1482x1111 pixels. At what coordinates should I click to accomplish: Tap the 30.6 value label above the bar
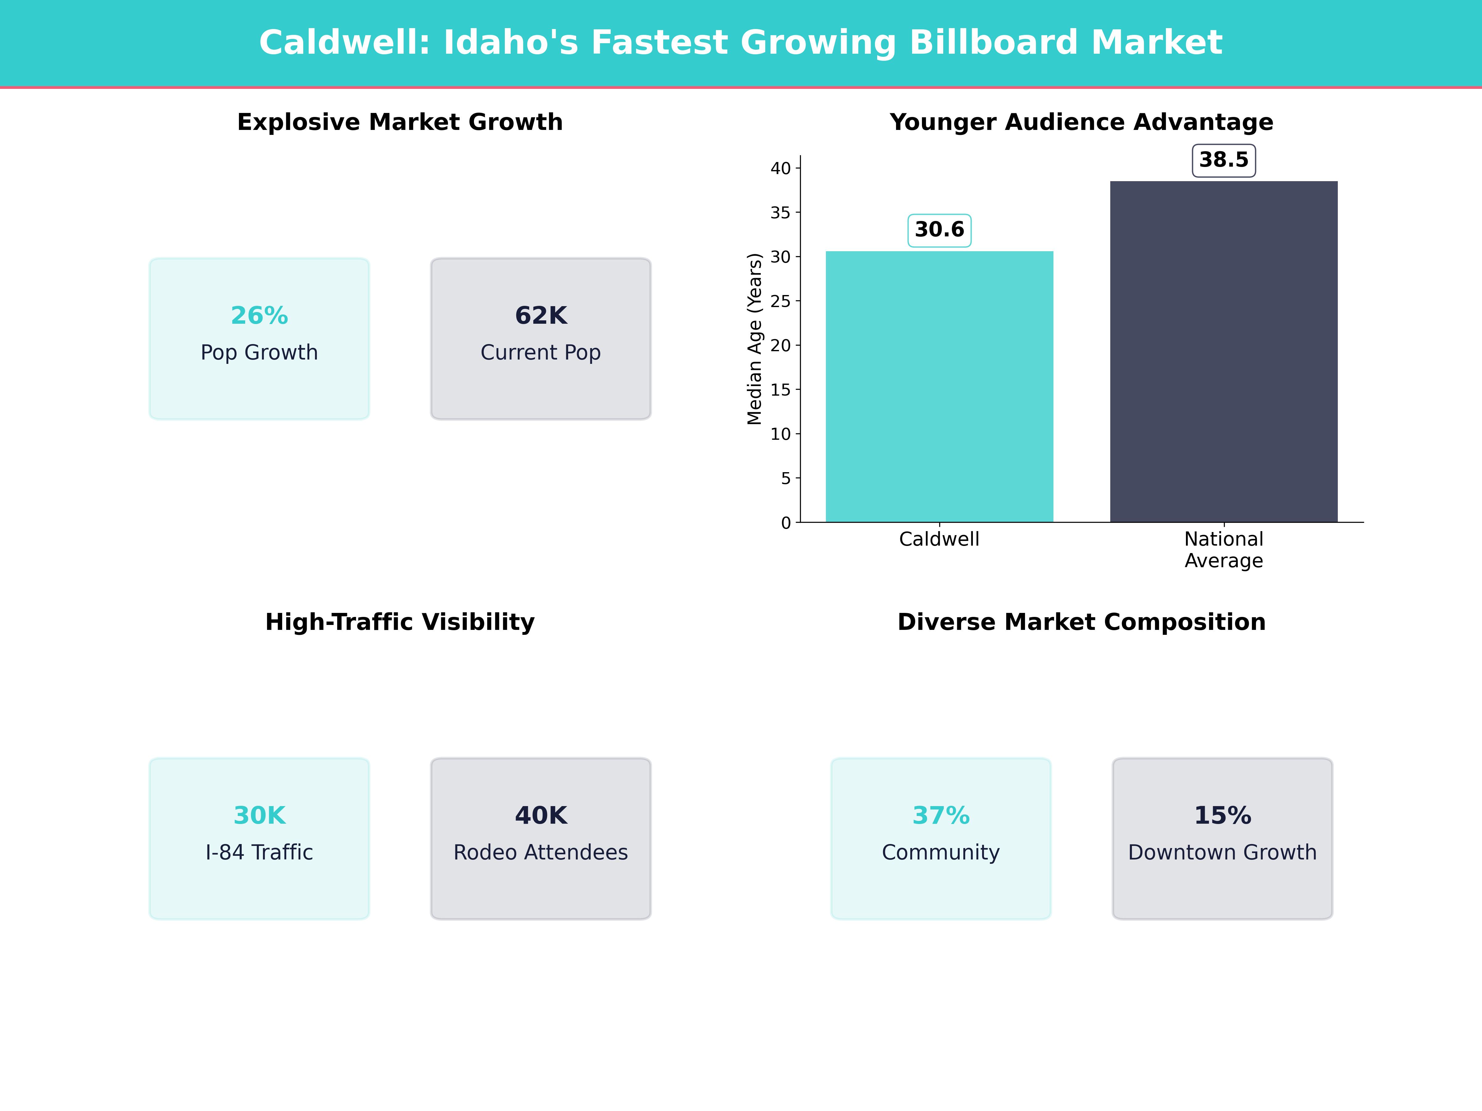939,230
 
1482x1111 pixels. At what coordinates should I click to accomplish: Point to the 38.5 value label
1223,160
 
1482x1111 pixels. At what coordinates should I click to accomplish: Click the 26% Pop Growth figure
259,315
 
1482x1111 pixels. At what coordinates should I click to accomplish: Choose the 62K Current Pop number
541,315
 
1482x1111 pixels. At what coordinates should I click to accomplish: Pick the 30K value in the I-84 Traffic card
259,816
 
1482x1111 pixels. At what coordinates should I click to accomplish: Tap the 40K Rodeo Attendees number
541,816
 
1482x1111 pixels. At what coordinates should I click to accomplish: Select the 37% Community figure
941,816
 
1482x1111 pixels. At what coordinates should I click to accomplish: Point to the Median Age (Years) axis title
754,339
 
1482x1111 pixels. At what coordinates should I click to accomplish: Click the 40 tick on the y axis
781,168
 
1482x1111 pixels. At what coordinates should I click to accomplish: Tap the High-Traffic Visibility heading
400,622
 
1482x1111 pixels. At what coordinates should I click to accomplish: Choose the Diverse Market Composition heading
1081,622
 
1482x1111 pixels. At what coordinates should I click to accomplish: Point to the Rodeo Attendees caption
541,852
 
